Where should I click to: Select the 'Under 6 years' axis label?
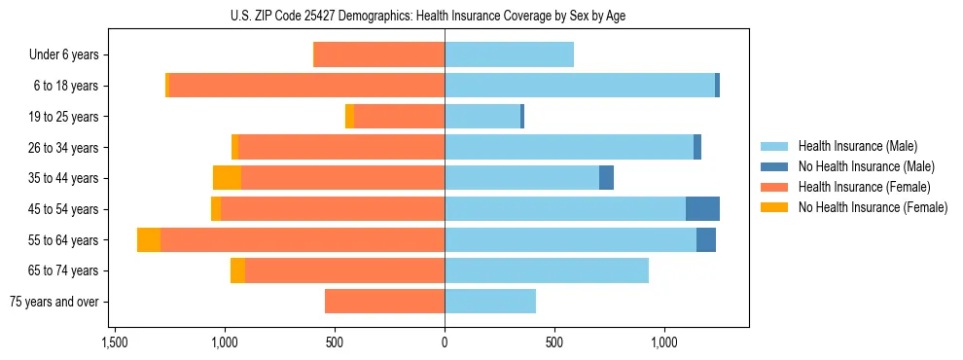[64, 54]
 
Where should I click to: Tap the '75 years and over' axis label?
[54, 302]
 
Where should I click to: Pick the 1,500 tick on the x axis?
[115, 342]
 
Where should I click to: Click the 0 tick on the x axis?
[445, 342]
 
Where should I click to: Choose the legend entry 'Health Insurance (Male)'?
[857, 146]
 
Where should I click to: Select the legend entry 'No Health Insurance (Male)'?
[866, 166]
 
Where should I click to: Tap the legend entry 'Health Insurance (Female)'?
[864, 187]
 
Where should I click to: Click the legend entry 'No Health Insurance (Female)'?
[873, 207]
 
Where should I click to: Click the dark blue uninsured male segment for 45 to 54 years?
[702, 209]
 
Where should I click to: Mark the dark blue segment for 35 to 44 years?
[606, 178]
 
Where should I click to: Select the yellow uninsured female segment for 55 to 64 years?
[149, 240]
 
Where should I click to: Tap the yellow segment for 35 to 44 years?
[227, 178]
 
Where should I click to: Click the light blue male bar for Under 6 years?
[509, 54]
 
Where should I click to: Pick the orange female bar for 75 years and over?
[384, 302]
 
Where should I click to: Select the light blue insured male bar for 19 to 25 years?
[482, 117]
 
